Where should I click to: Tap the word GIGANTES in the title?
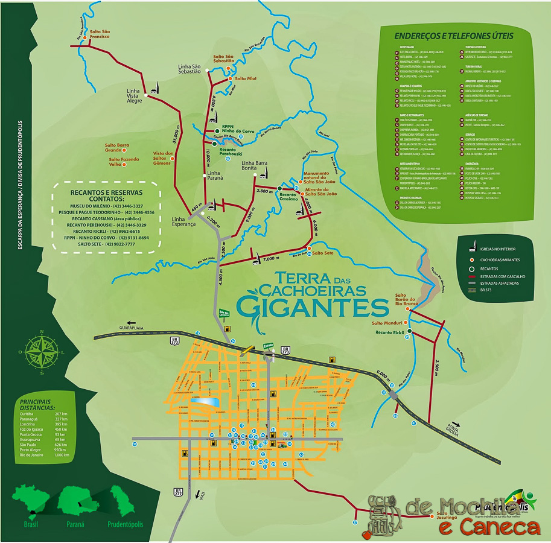[312, 305]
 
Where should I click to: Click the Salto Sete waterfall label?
[323, 253]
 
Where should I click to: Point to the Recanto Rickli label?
[389, 332]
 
